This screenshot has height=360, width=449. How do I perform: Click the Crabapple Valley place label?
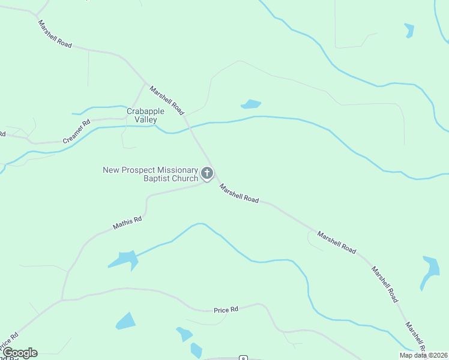point(142,116)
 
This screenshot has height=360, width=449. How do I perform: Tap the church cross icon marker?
point(207,174)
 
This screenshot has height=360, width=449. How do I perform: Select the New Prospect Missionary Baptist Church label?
point(150,174)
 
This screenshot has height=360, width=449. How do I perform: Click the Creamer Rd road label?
point(76,131)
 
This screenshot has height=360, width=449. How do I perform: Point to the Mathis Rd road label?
point(127,223)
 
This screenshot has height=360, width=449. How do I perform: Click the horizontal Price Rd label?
point(226,310)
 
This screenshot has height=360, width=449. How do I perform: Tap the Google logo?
point(20,353)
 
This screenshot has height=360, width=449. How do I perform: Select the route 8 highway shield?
point(243,358)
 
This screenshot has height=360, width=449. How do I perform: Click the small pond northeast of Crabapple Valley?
point(252,104)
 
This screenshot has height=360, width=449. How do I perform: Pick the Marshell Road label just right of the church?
point(239,193)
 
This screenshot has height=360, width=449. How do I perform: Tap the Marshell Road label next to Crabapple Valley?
point(167,100)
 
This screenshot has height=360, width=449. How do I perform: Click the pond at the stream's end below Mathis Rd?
point(124,259)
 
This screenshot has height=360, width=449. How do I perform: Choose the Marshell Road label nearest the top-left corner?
point(55,34)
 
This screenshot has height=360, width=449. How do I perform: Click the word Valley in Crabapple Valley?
point(146,120)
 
